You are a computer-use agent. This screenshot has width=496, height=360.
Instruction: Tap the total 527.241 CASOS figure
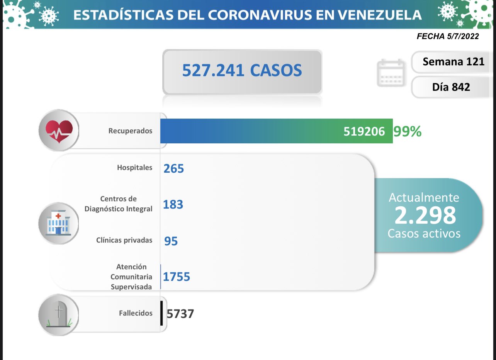point(242,70)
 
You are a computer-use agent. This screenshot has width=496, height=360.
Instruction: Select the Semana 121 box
point(453,61)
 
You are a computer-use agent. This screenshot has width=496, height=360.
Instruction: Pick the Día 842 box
point(451,87)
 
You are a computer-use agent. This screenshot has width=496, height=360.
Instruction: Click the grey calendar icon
point(391,73)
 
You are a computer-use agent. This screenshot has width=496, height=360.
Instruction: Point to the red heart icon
point(59,130)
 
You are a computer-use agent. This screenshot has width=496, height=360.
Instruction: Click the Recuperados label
point(130,131)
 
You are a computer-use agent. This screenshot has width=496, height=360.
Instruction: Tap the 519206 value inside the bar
point(364,132)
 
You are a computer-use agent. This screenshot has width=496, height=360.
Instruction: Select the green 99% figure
point(407,132)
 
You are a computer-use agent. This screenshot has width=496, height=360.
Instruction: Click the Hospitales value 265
point(173,168)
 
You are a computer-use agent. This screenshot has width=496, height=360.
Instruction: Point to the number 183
point(173,204)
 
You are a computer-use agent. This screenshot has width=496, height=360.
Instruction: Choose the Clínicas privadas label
point(124,240)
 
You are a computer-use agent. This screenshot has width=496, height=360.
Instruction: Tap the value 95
point(171,241)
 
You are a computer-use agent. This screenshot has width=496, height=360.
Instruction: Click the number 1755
point(177,277)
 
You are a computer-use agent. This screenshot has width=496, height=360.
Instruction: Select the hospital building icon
point(58,223)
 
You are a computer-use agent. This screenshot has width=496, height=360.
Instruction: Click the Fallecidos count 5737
point(180,314)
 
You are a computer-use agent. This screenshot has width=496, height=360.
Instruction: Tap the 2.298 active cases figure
point(425,216)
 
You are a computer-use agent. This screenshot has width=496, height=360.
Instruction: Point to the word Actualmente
point(424,197)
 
